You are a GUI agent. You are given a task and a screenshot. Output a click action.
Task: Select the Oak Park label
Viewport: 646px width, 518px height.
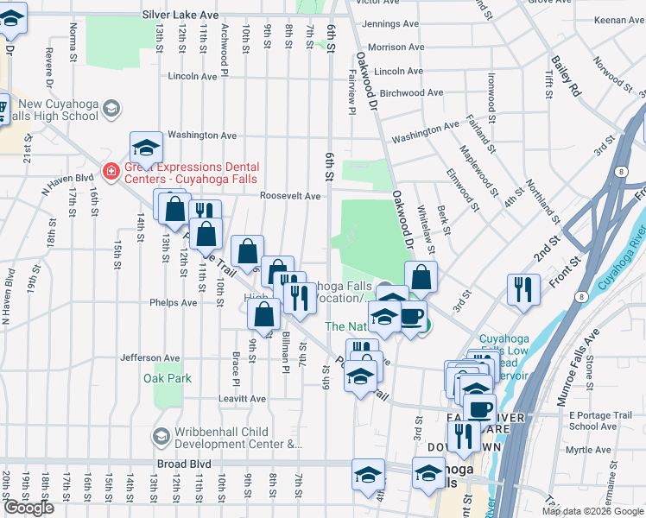(x=168, y=378)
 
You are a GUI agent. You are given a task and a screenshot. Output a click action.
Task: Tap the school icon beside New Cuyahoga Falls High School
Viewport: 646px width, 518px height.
(x=111, y=108)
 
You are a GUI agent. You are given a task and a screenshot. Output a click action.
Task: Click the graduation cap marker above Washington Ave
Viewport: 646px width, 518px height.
(x=147, y=147)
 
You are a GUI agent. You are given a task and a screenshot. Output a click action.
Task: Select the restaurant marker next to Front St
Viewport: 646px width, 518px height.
(x=523, y=290)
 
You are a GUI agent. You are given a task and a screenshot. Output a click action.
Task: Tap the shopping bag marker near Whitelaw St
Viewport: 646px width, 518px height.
(x=421, y=277)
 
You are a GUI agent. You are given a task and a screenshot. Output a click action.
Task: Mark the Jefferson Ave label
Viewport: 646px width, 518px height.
(x=150, y=357)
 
